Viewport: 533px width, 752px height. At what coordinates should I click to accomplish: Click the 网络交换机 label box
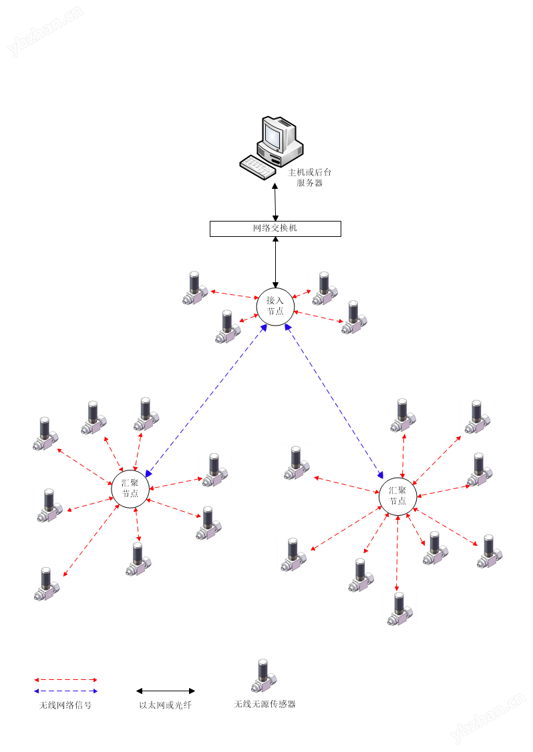pyautogui.click(x=275, y=229)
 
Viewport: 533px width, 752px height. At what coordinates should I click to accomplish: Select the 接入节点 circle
pyautogui.click(x=275, y=306)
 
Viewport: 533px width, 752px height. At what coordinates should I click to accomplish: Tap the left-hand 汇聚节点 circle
pyautogui.click(x=130, y=488)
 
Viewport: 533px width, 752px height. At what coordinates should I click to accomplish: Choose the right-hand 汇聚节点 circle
pyautogui.click(x=398, y=496)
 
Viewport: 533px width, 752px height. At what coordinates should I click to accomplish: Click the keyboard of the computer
pyautogui.click(x=258, y=167)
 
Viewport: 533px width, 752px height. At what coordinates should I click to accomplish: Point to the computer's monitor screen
pyautogui.click(x=273, y=135)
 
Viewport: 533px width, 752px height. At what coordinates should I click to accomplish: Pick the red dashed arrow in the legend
pyautogui.click(x=65, y=680)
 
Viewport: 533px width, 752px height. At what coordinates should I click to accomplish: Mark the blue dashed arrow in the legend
pyautogui.click(x=65, y=691)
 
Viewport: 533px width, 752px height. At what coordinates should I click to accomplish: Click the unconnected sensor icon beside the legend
pyautogui.click(x=263, y=675)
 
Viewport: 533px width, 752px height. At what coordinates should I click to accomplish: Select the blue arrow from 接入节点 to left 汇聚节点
pyautogui.click(x=206, y=400)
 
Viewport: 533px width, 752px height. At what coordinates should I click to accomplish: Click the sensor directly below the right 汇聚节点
pyautogui.click(x=399, y=609)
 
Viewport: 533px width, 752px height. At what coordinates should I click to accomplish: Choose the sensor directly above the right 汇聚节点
pyautogui.click(x=403, y=415)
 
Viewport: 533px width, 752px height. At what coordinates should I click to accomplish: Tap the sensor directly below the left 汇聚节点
pyautogui.click(x=138, y=559)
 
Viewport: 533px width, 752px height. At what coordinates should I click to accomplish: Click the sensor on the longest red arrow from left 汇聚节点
pyautogui.click(x=46, y=584)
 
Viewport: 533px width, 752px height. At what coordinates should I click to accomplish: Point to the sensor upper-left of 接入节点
pyautogui.click(x=195, y=288)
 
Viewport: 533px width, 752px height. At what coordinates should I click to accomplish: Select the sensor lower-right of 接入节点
pyautogui.click(x=354, y=317)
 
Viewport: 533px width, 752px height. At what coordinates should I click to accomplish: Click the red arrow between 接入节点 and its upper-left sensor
pyautogui.click(x=234, y=294)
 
